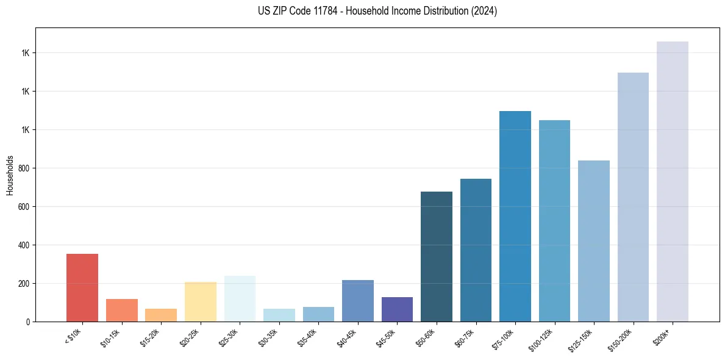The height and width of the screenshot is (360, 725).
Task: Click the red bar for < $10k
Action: (x=82, y=287)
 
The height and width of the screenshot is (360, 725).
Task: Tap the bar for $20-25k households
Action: (x=201, y=301)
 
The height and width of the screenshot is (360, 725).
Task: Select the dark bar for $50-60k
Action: (x=437, y=257)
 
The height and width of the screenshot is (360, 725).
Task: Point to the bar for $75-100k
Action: (x=515, y=217)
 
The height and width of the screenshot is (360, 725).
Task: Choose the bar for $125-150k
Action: (x=594, y=241)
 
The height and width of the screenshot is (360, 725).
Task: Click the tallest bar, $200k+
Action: (x=673, y=182)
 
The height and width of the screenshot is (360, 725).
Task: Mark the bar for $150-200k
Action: (x=633, y=197)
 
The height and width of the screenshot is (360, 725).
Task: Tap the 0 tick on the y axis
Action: (x=27, y=322)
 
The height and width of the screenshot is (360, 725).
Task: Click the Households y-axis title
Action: (x=10, y=175)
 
